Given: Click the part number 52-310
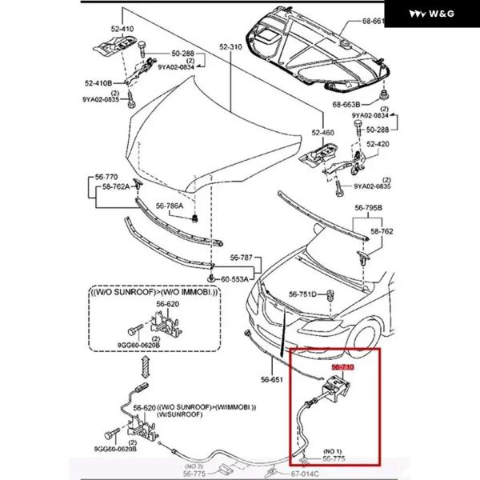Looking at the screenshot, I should click(x=230, y=48).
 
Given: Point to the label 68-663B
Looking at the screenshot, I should click(x=346, y=104).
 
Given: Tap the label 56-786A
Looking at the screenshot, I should click(x=170, y=206).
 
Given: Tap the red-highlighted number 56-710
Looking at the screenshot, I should click(x=342, y=367).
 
